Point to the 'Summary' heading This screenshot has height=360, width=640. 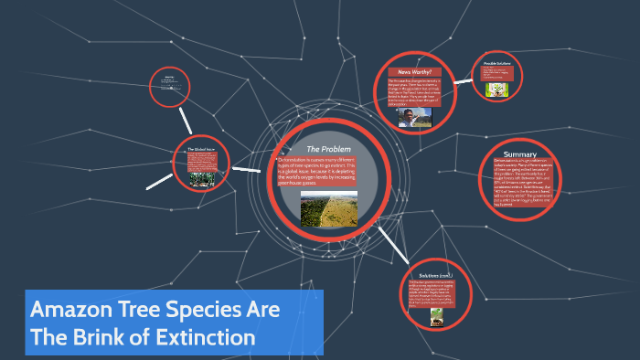[519, 154]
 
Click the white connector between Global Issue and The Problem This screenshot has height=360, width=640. [246, 168]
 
